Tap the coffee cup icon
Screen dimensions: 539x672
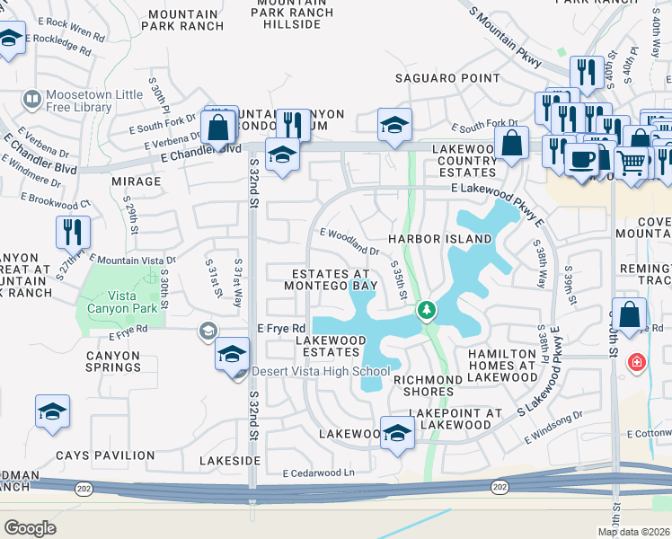pos(580,160)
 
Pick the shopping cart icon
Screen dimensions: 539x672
pos(632,163)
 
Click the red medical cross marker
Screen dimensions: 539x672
pos(637,362)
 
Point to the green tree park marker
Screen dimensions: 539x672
pos(427,311)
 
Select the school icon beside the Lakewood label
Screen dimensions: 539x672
pos(396,433)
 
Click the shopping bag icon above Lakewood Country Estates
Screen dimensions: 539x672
pos(511,142)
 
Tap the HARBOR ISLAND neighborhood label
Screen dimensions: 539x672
pos(440,239)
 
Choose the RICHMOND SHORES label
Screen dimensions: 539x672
pos(428,385)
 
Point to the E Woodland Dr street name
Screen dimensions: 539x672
pos(355,241)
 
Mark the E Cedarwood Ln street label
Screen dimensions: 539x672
pos(319,473)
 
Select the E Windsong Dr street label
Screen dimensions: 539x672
pos(553,427)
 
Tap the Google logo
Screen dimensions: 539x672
pos(30,527)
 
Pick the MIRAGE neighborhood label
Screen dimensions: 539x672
pos(136,181)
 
